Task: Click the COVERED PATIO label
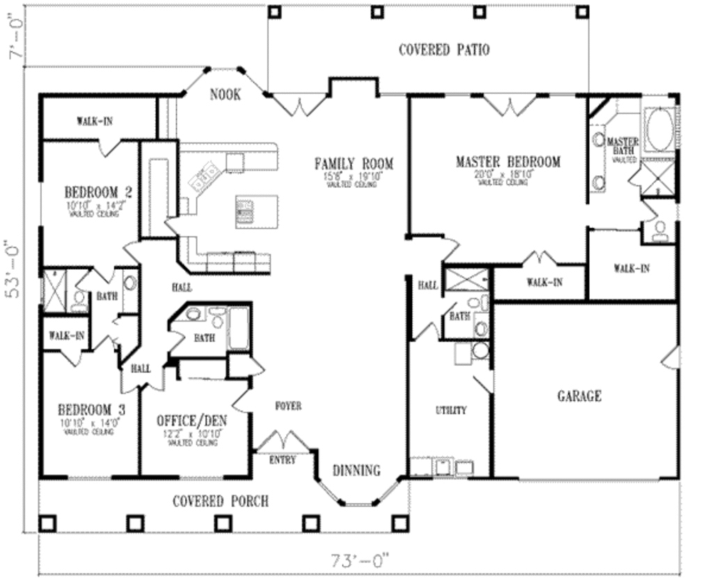click(x=444, y=50)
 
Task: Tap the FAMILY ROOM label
click(x=353, y=164)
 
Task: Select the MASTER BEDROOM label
click(x=508, y=162)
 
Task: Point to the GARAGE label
click(x=579, y=396)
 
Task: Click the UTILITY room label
click(x=450, y=410)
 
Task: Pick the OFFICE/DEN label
click(x=191, y=422)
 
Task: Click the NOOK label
click(x=225, y=95)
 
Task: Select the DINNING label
click(x=356, y=470)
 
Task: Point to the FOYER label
click(x=288, y=406)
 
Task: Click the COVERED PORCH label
click(x=220, y=501)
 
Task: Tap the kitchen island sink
click(x=246, y=210)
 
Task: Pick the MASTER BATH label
click(x=622, y=146)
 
